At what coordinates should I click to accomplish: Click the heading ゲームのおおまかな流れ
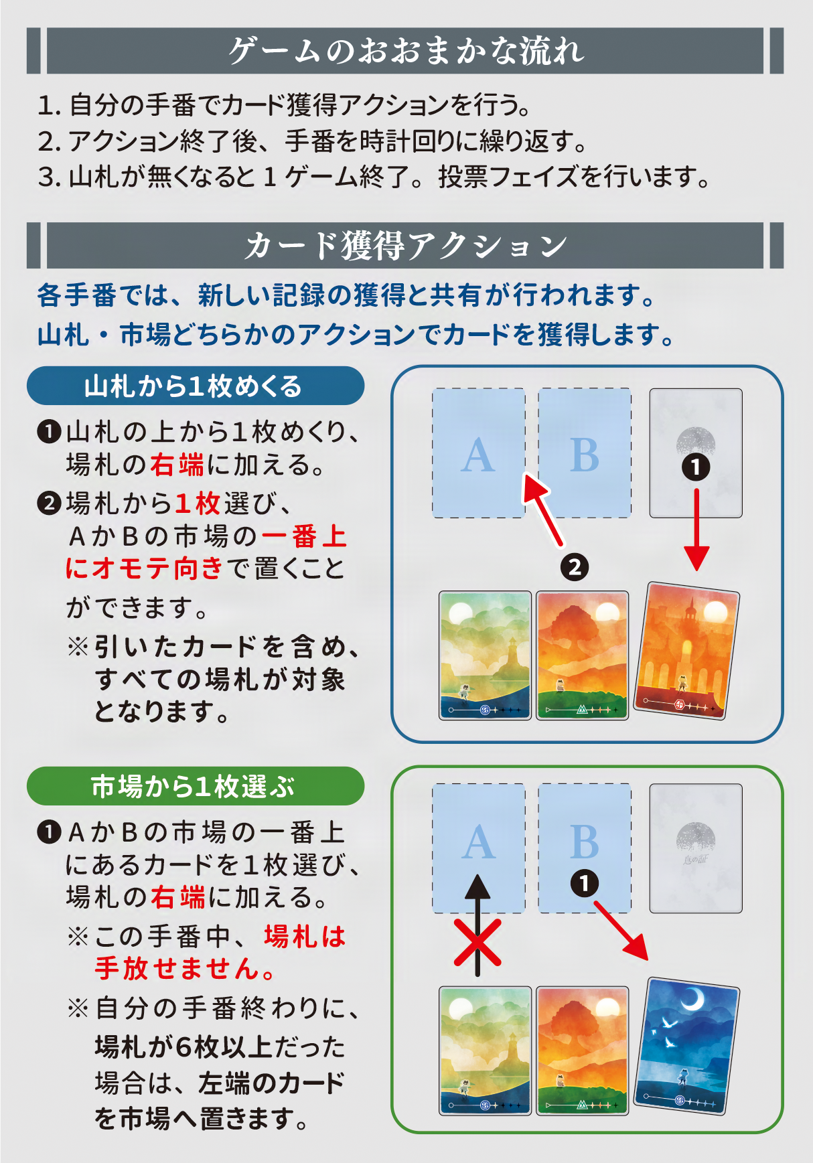[405, 51]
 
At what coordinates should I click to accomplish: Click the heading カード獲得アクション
[405, 246]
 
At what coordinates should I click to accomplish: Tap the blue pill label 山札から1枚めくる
[194, 386]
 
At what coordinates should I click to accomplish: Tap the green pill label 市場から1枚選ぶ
[194, 786]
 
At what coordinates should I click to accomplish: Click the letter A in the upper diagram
[478, 456]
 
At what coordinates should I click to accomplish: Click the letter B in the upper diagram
[585, 456]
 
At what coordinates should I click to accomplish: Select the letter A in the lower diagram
[478, 842]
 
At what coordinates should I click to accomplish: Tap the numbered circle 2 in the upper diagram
[575, 568]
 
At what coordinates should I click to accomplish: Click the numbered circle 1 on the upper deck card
[696, 467]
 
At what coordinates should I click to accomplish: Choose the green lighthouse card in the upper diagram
[485, 655]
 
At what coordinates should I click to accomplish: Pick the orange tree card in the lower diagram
[583, 1050]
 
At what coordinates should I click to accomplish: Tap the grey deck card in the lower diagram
[696, 848]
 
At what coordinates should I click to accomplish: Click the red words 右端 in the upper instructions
[177, 465]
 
